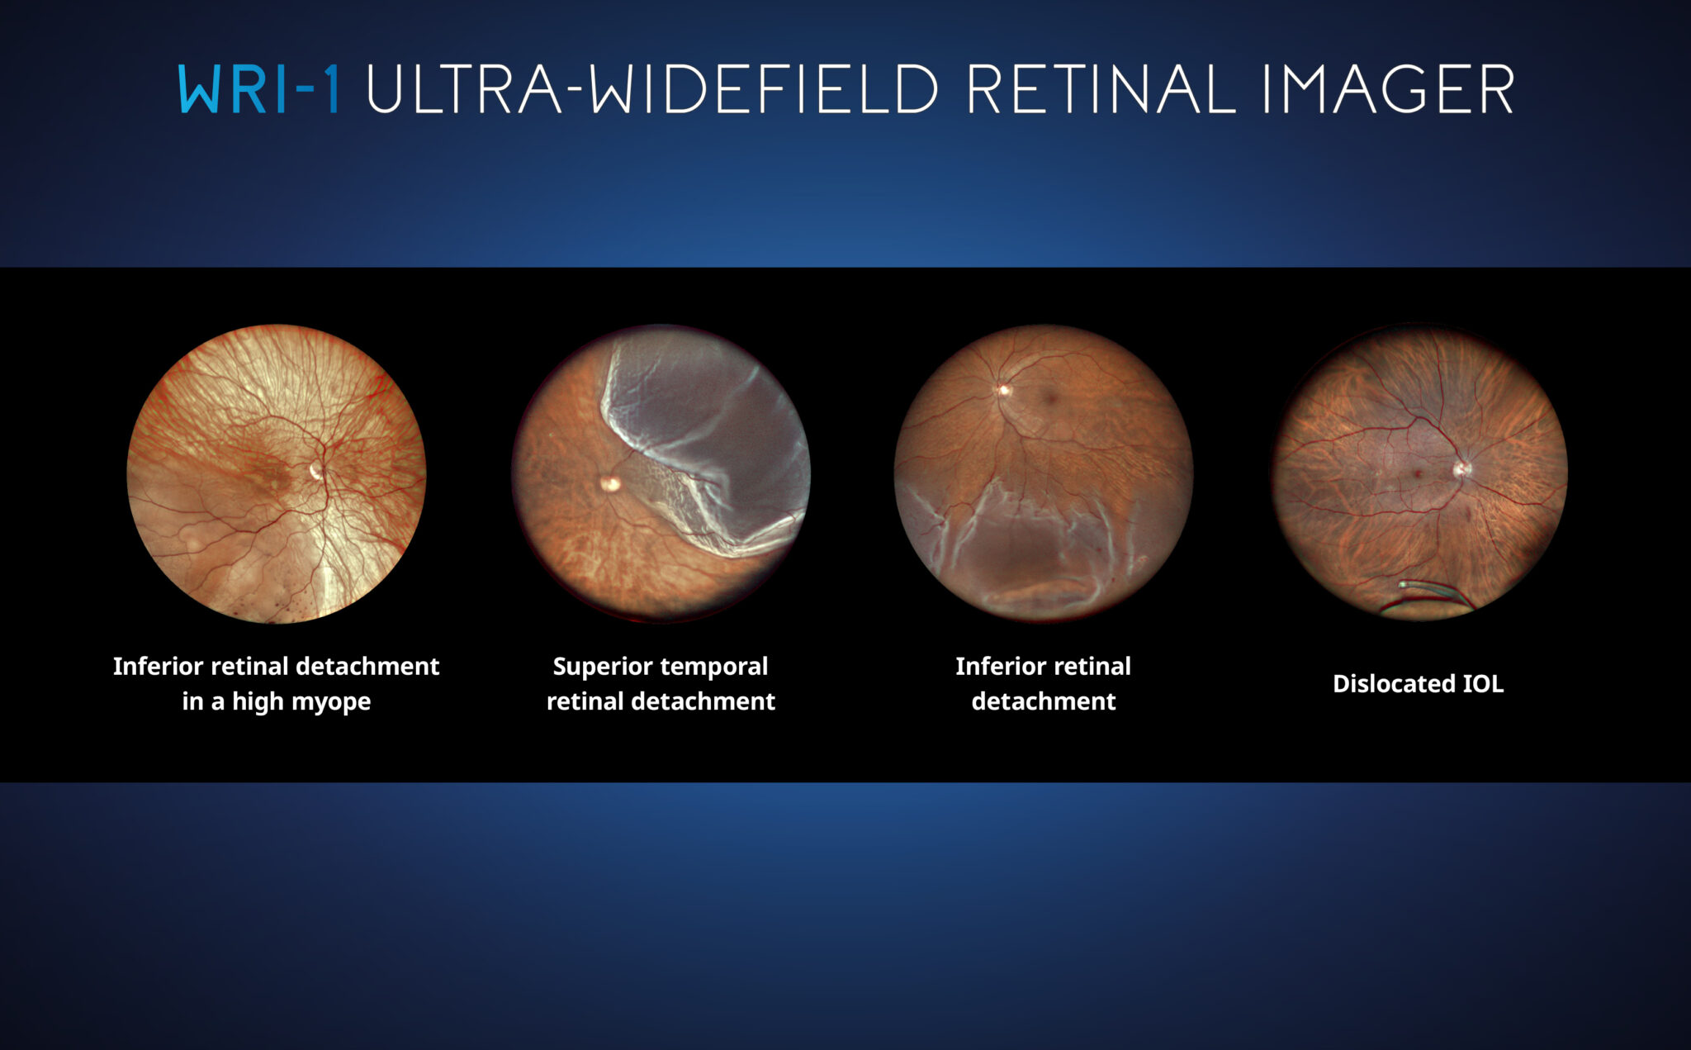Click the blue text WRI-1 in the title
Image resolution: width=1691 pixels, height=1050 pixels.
pos(258,88)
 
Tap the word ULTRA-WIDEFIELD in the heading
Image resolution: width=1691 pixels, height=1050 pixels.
pos(652,88)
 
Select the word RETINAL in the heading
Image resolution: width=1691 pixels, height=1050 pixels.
pos(1100,88)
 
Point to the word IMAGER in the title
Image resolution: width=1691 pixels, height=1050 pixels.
pos(1387,88)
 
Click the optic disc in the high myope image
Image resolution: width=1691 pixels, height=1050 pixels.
pos(315,471)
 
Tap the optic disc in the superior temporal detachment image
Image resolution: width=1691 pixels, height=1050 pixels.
pos(610,484)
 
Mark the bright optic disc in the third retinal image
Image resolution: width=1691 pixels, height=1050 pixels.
pos(1004,389)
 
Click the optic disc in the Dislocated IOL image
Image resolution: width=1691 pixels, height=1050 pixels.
pos(1461,469)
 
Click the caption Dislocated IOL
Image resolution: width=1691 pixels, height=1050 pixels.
pos(1418,684)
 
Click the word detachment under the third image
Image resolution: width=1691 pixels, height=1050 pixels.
pos(1044,701)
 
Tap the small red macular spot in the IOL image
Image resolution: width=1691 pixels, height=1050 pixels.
pos(1418,474)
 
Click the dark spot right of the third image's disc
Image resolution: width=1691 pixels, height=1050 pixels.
pos(1051,398)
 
